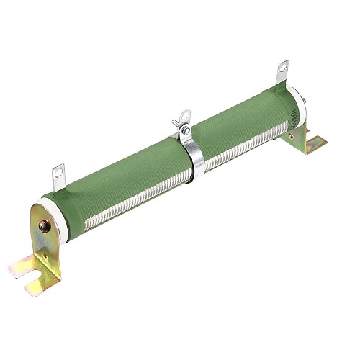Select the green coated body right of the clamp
[238, 115]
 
